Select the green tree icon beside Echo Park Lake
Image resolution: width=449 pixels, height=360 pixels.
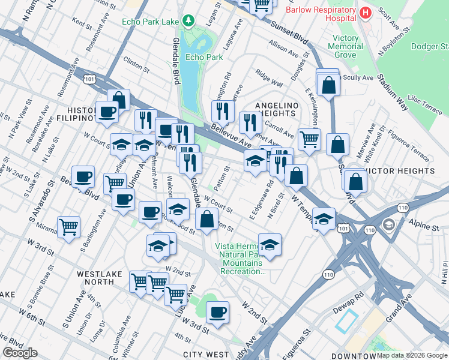(x=189, y=22)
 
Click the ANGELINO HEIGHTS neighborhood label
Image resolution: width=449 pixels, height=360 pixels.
(x=276, y=109)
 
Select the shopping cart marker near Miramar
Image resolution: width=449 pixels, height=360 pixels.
(x=69, y=227)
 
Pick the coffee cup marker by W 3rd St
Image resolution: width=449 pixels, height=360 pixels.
(x=218, y=311)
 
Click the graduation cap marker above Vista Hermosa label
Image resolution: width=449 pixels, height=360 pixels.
(x=270, y=244)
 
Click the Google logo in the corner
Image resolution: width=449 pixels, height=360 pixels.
(x=20, y=353)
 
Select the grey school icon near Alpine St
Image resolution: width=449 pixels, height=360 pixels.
(x=389, y=224)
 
